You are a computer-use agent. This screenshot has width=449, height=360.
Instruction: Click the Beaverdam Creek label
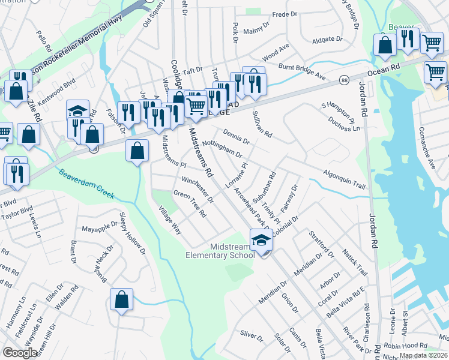coord(86,184)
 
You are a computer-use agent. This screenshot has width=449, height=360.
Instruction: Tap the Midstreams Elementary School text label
coord(220,251)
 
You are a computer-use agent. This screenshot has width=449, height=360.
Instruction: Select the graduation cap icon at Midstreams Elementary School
coord(261,241)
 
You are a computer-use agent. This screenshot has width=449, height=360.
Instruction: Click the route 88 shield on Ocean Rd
coord(344,79)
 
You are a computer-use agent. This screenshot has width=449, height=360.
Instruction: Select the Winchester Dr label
coord(197,188)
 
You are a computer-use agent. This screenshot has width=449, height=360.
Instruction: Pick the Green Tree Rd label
coord(190,203)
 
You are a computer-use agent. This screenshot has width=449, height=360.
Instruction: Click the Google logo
coord(20,353)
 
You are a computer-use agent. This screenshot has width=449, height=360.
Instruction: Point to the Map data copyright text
coord(424,355)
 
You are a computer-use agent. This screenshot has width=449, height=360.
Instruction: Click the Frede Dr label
coord(285,14)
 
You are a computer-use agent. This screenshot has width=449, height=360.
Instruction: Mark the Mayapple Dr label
coord(98,229)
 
